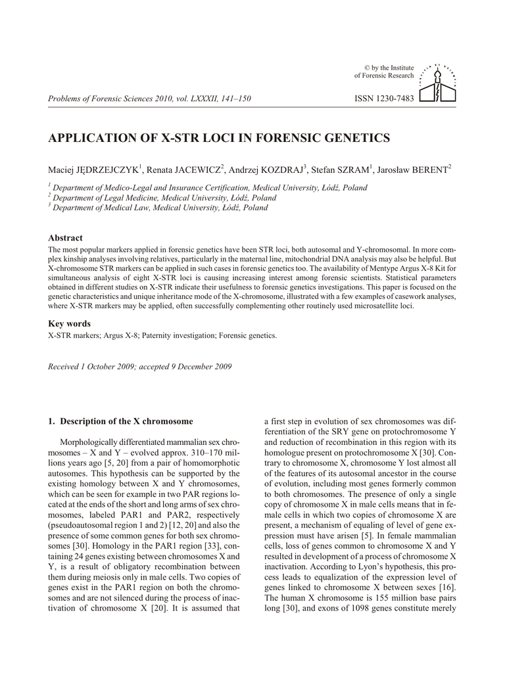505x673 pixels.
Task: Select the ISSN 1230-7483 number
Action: point(385,99)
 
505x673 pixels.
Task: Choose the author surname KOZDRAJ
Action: point(277,170)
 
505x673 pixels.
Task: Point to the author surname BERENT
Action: point(429,170)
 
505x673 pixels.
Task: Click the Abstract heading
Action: point(66,238)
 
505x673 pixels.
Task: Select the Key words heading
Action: point(70,323)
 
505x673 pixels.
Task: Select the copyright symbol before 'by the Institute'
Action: point(367,68)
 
